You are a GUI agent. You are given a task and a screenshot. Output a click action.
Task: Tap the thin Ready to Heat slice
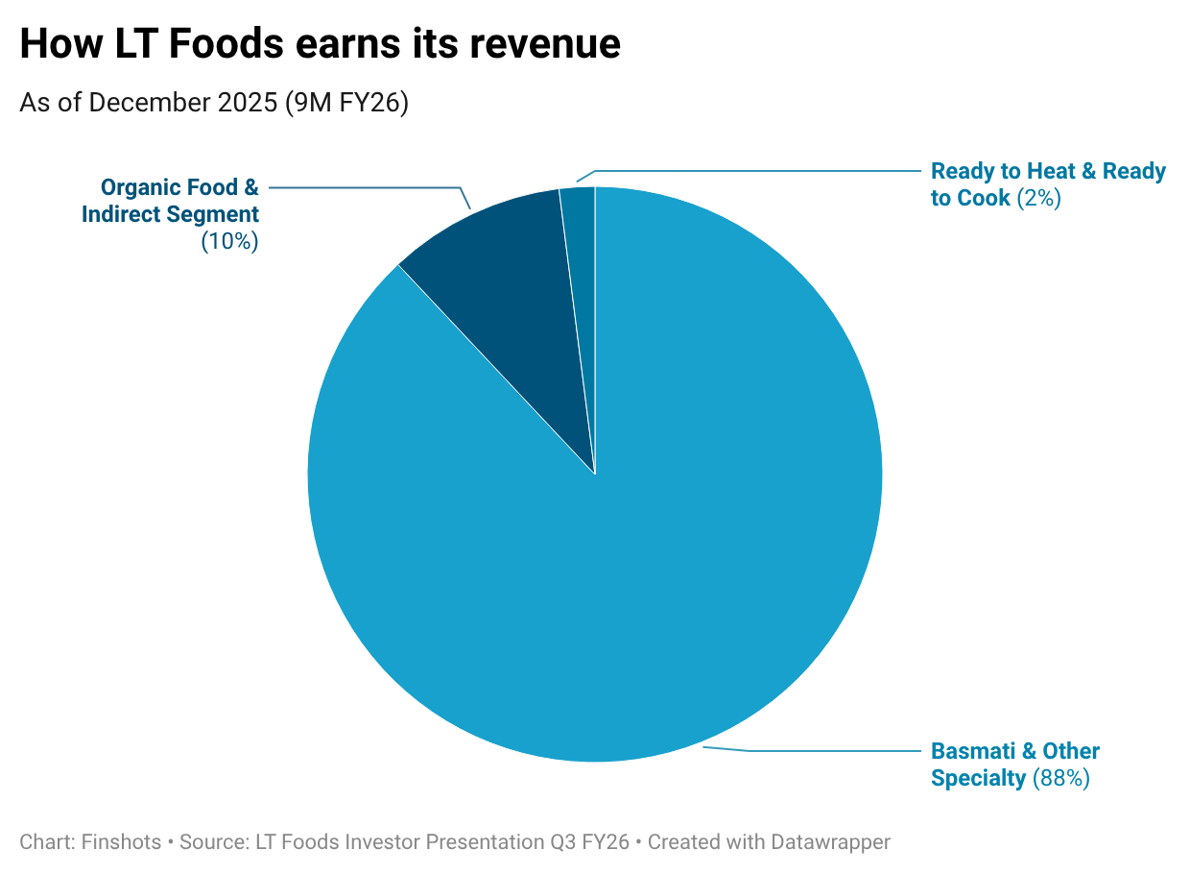click(x=579, y=250)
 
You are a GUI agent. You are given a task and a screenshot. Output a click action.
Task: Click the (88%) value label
click(x=1061, y=778)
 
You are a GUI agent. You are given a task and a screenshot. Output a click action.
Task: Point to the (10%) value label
click(x=230, y=241)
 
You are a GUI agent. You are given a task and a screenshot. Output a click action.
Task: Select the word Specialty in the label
click(x=978, y=778)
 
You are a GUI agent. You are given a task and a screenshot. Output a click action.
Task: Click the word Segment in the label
click(x=217, y=214)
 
